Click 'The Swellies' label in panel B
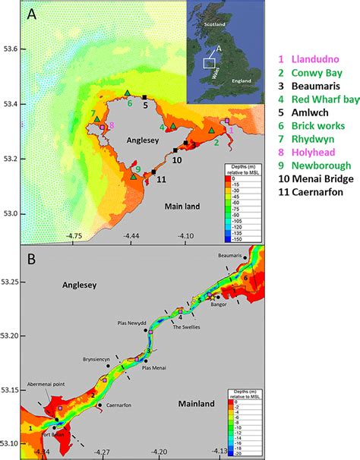click(x=187, y=327)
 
